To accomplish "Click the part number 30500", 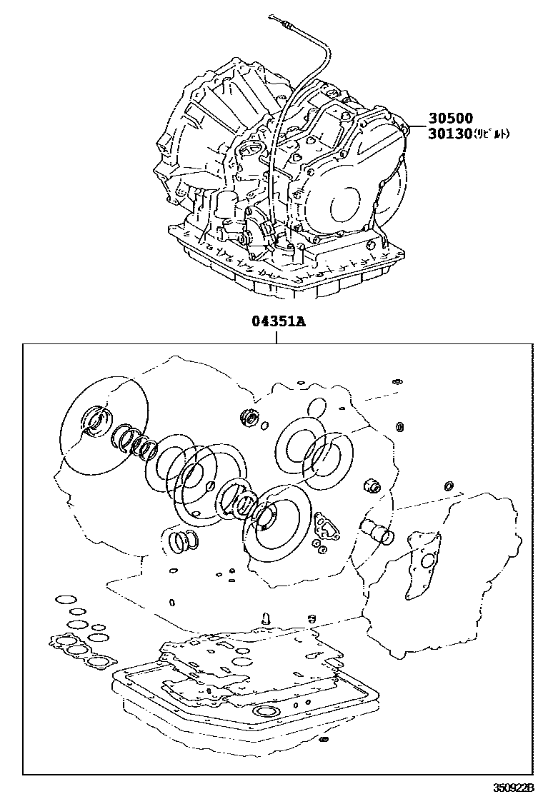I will coord(451,119).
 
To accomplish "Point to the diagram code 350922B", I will coord(514,786).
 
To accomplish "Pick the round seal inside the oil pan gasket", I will coord(266,714).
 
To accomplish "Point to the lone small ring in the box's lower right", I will coord(449,486).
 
